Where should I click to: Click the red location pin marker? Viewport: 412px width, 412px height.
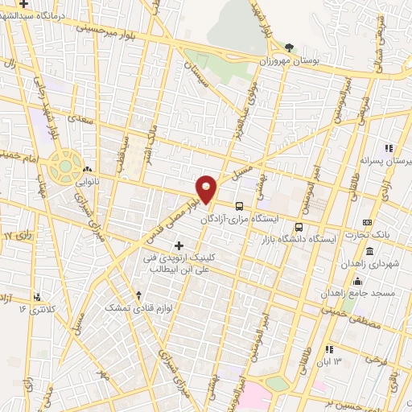click(x=207, y=187)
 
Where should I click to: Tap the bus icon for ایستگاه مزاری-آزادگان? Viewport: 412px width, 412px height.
click(x=239, y=205)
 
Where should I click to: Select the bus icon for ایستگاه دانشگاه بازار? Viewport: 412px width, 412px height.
click(x=299, y=227)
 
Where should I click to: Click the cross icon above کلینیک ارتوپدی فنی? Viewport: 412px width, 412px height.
click(x=179, y=245)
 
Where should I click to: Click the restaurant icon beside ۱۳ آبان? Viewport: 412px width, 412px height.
click(x=330, y=349)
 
